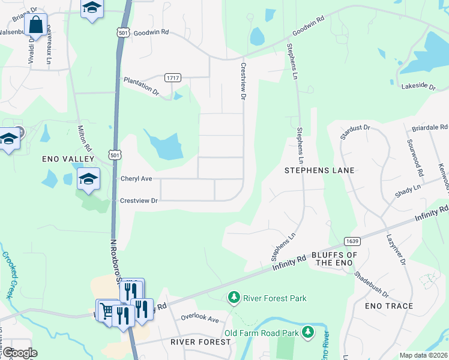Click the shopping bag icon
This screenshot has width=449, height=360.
37,25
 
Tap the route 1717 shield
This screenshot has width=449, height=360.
173,78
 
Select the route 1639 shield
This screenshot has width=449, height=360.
352,241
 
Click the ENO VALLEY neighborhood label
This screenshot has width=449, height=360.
68,159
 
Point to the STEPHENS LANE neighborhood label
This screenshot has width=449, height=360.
319,170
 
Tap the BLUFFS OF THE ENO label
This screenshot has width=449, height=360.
334,259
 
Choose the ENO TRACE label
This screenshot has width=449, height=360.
389,306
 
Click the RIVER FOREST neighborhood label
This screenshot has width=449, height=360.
200,342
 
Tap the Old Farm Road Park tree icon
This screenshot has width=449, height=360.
308,332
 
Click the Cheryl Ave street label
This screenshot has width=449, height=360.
136,179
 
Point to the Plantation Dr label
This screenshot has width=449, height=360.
141,86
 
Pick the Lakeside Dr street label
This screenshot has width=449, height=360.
418,86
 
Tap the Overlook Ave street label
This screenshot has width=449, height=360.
200,318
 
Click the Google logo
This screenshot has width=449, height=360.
19,353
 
